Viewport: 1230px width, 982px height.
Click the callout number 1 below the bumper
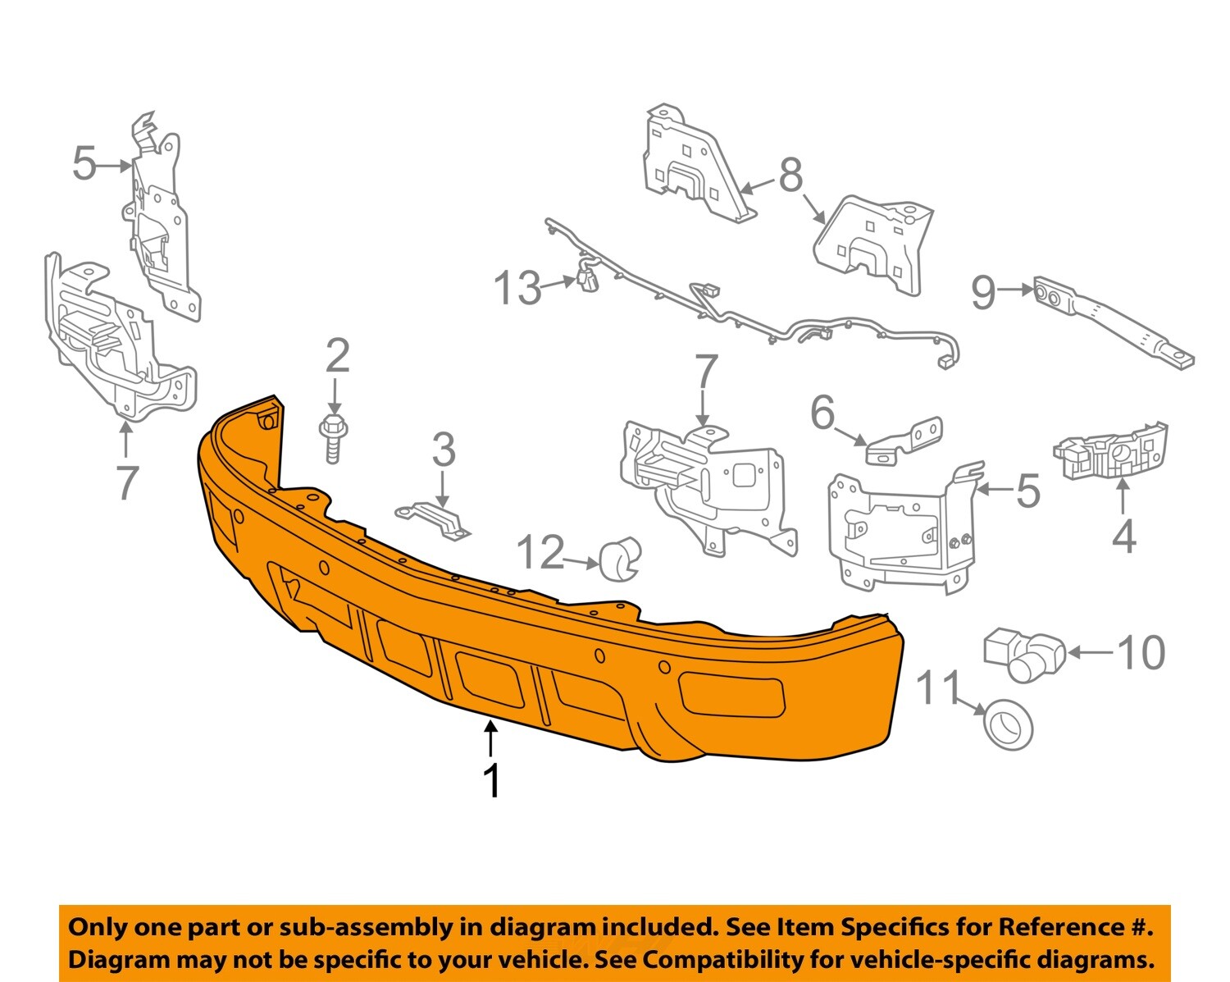[x=491, y=780]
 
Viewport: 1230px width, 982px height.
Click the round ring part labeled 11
[x=1007, y=724]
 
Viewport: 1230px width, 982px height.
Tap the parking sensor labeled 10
[x=1025, y=654]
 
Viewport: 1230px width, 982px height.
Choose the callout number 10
[x=1141, y=653]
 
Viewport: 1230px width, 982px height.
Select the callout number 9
[x=983, y=292]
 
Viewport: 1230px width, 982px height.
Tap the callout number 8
[x=790, y=175]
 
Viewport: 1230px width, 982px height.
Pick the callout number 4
[x=1124, y=537]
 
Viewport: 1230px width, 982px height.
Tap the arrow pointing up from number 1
[x=490, y=737]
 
